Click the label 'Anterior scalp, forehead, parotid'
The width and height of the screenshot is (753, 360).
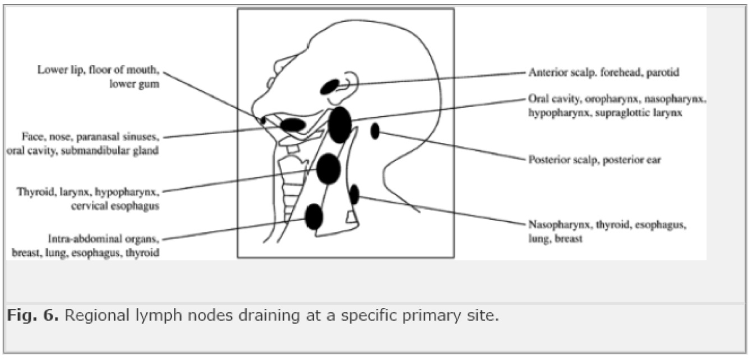point(604,72)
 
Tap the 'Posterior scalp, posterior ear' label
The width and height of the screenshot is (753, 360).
point(595,159)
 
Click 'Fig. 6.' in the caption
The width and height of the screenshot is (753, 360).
point(33,315)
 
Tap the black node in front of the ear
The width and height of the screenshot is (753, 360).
point(330,87)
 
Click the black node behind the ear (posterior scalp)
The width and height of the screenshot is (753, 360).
point(375,131)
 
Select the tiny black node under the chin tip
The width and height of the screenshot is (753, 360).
point(263,120)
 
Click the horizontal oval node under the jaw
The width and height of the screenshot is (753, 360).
point(293,124)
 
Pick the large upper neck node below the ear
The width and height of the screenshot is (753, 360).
point(340,124)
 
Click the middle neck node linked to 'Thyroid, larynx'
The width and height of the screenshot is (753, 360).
point(329,169)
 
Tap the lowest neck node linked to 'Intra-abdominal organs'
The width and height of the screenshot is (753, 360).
point(314,217)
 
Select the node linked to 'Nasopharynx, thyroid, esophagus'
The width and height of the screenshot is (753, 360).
point(354,194)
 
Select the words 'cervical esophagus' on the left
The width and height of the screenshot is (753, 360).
point(115,206)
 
